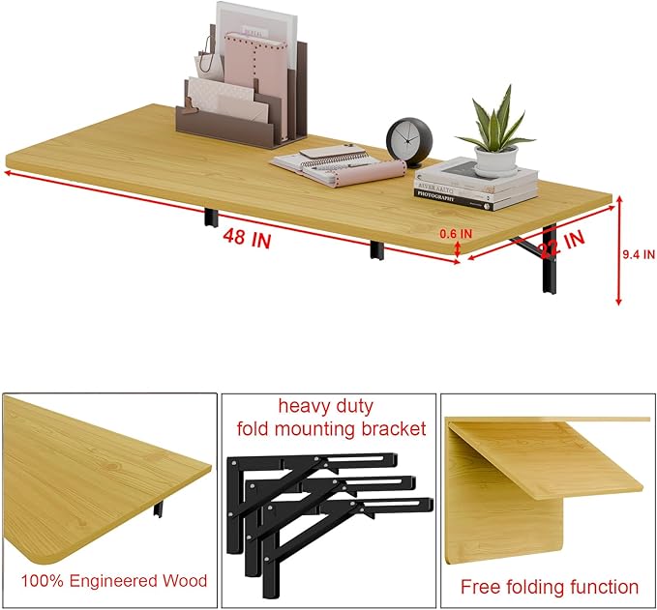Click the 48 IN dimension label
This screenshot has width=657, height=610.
click(247, 240)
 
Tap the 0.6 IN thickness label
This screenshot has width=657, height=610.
click(456, 233)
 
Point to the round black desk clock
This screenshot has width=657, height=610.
click(406, 141)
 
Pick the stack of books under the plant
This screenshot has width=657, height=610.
click(477, 185)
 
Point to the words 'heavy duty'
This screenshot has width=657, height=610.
click(325, 407)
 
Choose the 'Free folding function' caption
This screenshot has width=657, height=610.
click(549, 586)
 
